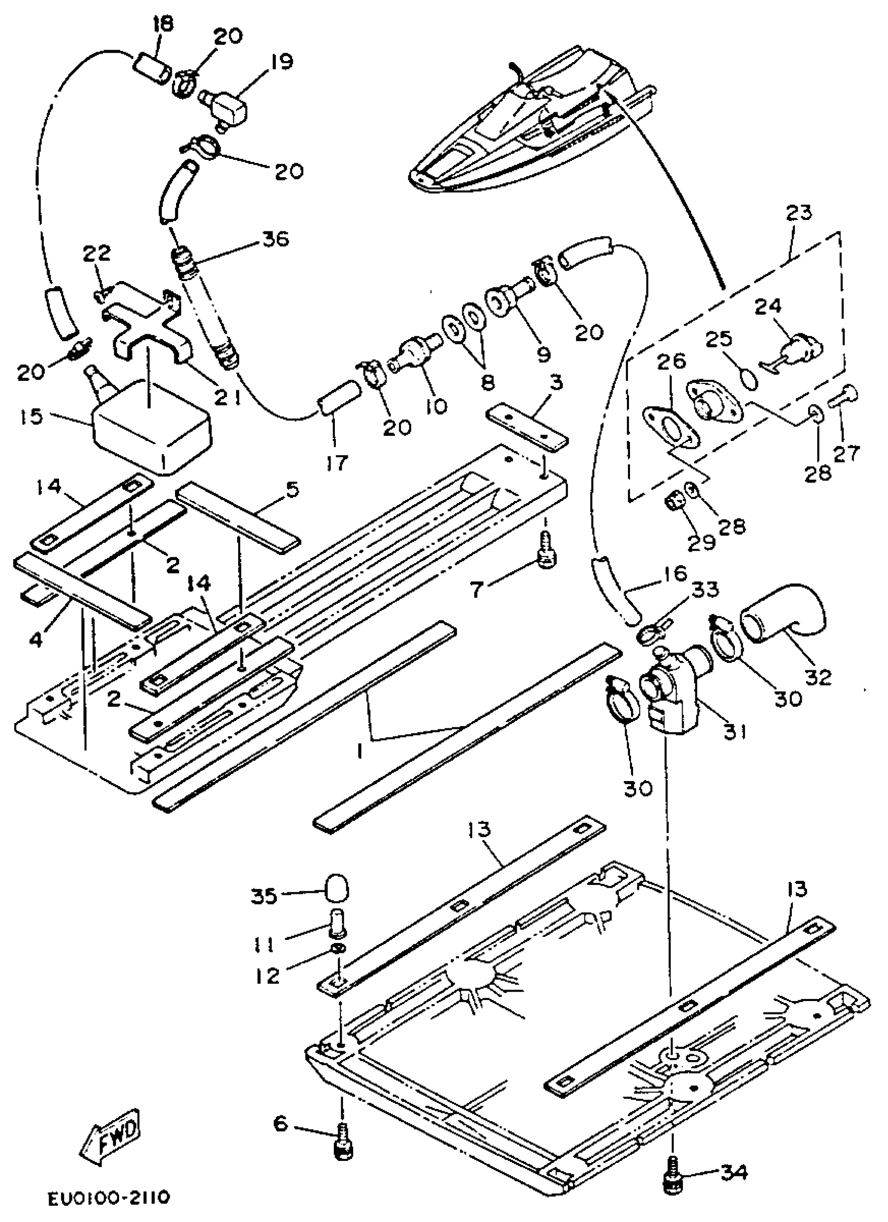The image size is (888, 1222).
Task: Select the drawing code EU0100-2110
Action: (109, 1198)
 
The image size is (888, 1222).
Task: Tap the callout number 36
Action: (275, 239)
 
